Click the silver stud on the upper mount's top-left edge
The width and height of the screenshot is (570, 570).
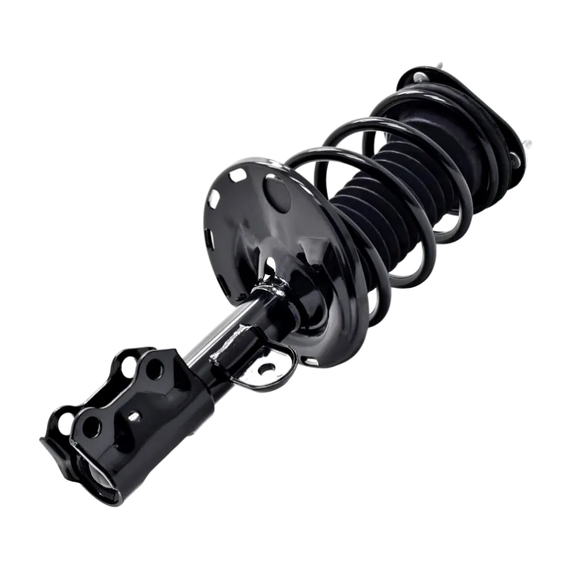pos(420,76)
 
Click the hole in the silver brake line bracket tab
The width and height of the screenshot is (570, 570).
pos(267,368)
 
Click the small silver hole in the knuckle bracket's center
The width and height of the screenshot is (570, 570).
pos(133,415)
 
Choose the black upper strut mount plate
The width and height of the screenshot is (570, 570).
pos(470,114)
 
